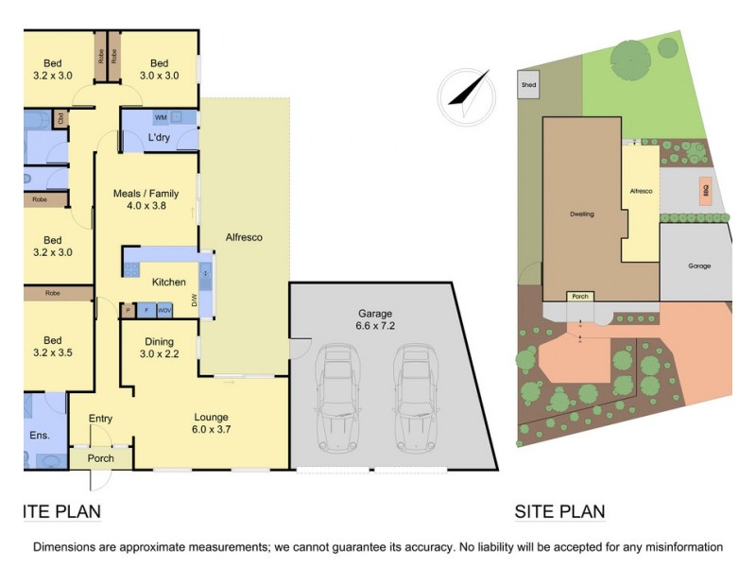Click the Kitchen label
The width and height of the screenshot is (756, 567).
169,282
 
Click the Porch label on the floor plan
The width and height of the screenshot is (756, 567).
100,458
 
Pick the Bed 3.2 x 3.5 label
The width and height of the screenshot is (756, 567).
51,347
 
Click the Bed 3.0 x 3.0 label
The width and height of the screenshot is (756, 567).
159,70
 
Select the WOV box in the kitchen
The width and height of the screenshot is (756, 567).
164,310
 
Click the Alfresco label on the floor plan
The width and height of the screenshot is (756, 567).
244,237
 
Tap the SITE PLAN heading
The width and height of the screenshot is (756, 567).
559,513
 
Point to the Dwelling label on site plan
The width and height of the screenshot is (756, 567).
582,215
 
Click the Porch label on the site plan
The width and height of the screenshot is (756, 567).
579,297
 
